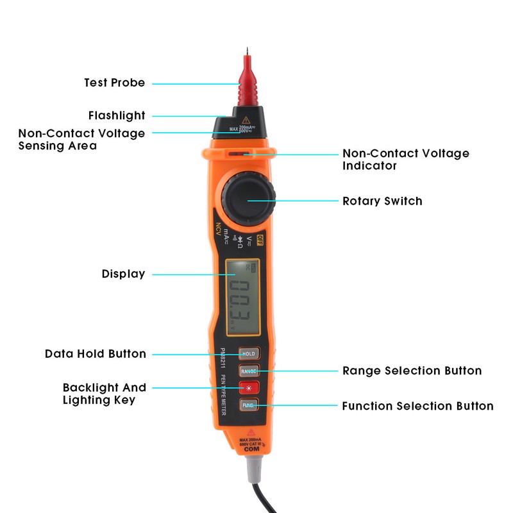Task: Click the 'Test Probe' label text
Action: click(114, 83)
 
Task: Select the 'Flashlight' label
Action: click(117, 115)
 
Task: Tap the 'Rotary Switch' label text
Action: click(382, 201)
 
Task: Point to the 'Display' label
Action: click(123, 274)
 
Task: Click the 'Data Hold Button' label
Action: click(96, 354)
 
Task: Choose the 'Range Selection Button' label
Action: click(412, 371)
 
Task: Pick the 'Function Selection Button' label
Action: click(417, 406)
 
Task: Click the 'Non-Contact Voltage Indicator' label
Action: click(405, 160)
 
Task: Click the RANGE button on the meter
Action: click(248, 371)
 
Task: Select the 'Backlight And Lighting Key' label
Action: click(104, 394)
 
